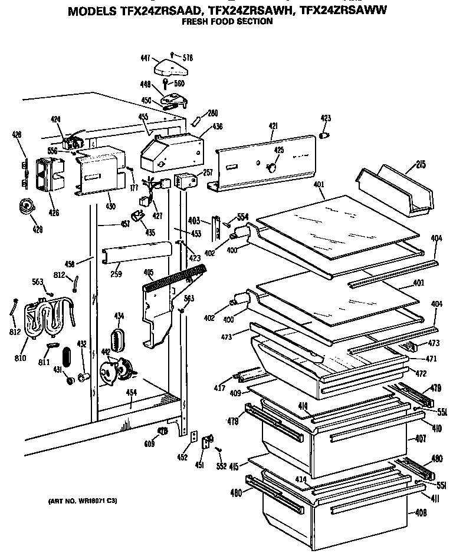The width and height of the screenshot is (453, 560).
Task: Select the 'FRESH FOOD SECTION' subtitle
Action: point(226,22)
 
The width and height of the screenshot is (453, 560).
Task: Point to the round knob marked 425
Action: point(272,167)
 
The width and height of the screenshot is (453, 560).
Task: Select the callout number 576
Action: point(188,58)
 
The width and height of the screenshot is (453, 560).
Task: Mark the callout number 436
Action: point(202,125)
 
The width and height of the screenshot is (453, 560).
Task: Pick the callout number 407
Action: point(421,438)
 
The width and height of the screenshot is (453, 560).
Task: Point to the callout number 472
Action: point(421,373)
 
